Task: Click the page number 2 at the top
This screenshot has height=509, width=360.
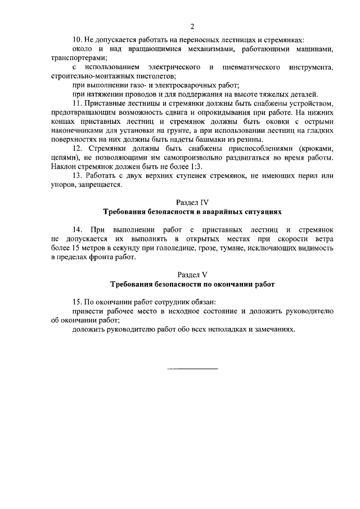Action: (192, 26)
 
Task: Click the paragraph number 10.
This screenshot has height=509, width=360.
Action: (76, 40)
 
